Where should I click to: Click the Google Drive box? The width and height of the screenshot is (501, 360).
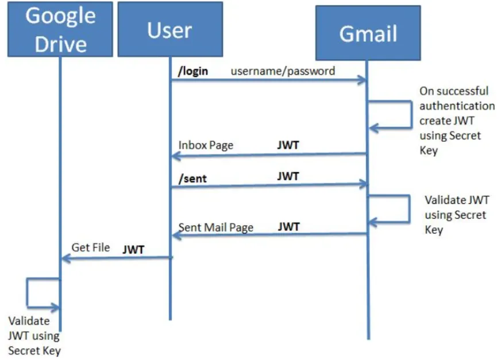60,29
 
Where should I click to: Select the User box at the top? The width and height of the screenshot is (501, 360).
169,29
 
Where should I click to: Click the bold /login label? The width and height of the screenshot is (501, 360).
193,71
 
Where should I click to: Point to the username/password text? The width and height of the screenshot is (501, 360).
283,71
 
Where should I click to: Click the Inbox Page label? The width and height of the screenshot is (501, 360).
206,145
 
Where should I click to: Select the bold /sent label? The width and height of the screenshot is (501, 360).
192,179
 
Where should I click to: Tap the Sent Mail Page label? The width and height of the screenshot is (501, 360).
215,227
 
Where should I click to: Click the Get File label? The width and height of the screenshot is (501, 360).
90,247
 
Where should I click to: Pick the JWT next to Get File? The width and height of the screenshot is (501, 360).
133,250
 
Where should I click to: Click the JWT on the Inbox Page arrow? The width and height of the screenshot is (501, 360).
288,145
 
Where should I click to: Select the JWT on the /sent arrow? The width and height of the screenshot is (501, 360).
288,176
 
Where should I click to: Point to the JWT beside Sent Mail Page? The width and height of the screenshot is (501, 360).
288,227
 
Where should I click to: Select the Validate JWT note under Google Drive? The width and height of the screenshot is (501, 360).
33,336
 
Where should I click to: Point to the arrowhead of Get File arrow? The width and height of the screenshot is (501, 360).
65,259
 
